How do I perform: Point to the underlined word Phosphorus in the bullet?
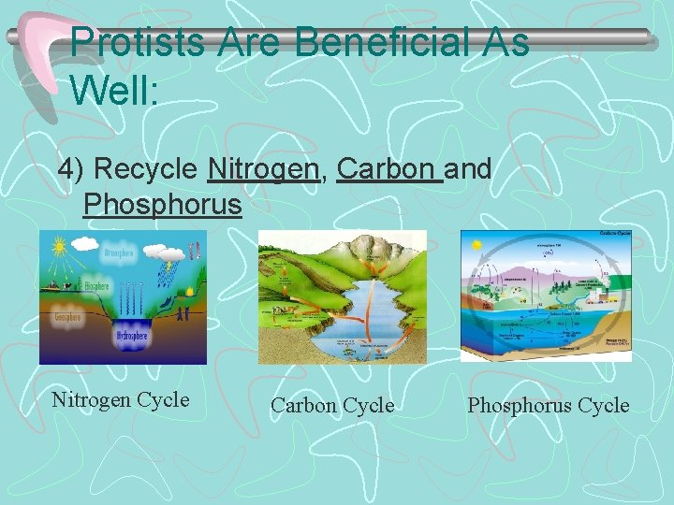tap(162, 203)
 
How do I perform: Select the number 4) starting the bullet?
tap(71, 169)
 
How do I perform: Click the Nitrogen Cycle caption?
tap(121, 400)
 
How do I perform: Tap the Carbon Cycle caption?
tap(332, 405)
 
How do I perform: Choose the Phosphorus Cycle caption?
tap(548, 405)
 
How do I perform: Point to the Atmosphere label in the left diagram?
tap(119, 253)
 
